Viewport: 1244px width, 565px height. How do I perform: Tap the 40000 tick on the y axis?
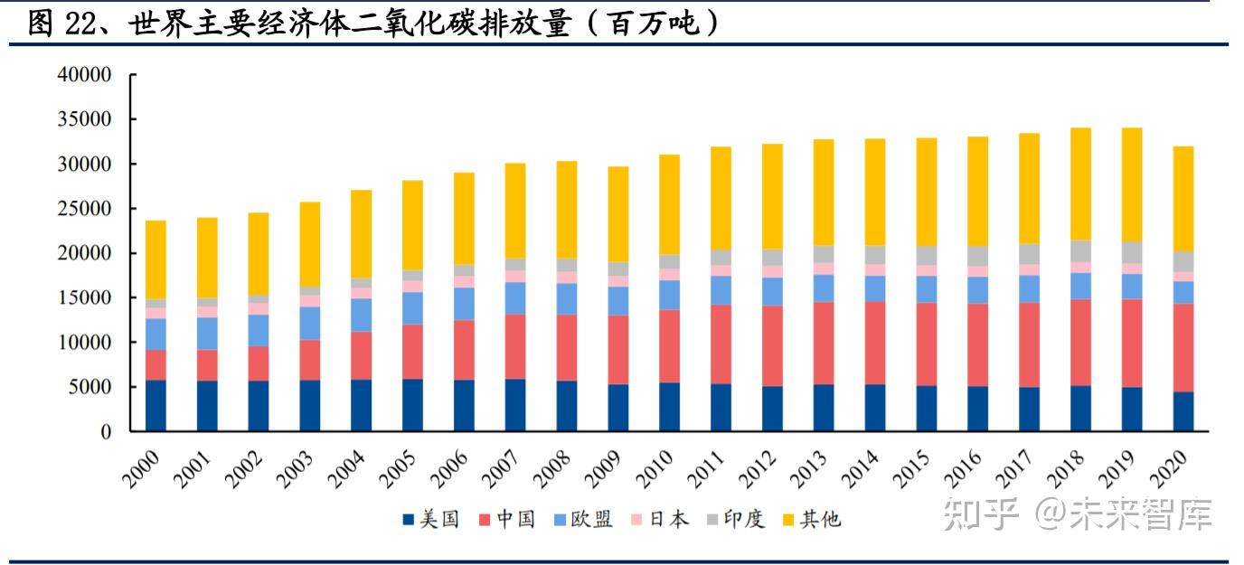click(84, 75)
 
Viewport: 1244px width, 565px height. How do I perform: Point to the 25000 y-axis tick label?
click(84, 209)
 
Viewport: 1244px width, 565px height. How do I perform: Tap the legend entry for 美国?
click(431, 519)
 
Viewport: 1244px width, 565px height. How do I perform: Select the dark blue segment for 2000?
click(155, 406)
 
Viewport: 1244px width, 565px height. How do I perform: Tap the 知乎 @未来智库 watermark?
click(1077, 514)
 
